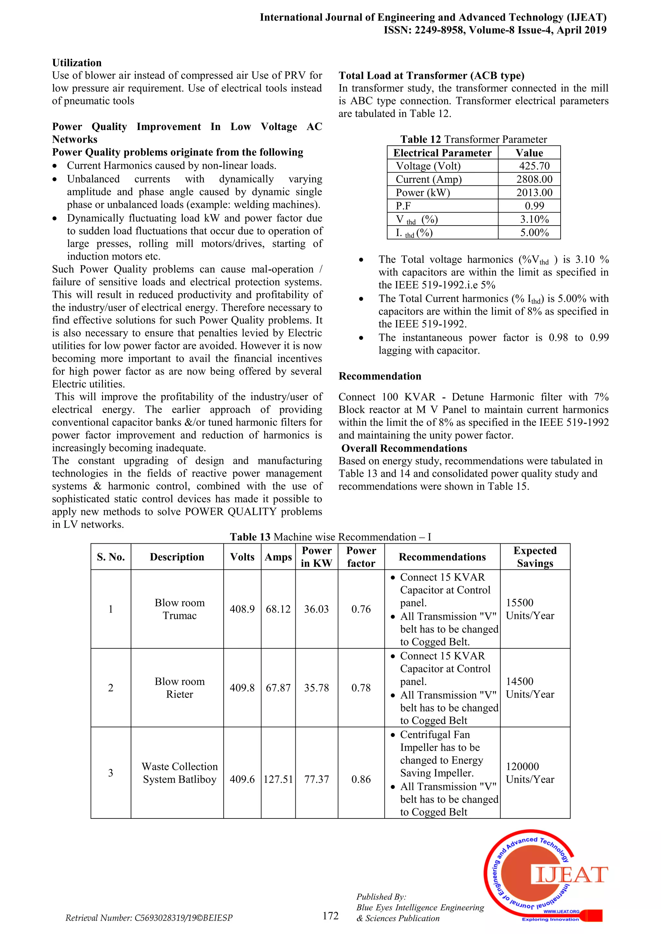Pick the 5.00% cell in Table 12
[x=534, y=233]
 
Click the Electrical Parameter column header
[x=442, y=153]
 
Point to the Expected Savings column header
[x=534, y=557]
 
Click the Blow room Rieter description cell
[x=179, y=688]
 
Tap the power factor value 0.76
[x=361, y=609]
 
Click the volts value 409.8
[x=242, y=688]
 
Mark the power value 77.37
[x=316, y=779]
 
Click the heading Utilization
[x=77, y=63]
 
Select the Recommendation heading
[x=380, y=376]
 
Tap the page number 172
[x=330, y=915]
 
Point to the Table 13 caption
[x=330, y=537]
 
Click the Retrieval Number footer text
[x=149, y=918]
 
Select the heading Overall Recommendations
[x=404, y=448]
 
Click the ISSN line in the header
[x=494, y=30]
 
